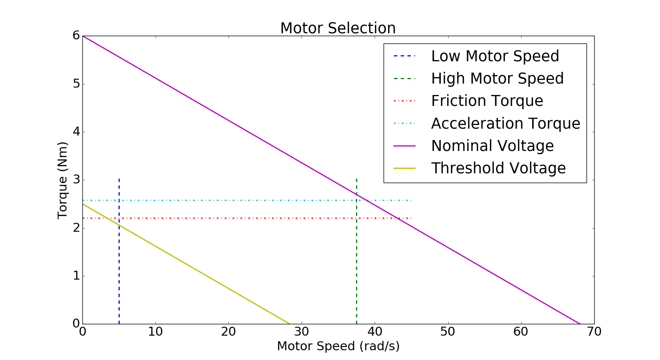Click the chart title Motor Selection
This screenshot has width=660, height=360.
338,28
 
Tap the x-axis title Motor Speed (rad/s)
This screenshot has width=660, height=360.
338,346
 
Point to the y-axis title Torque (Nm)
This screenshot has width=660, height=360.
63,180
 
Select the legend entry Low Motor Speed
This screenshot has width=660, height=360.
495,56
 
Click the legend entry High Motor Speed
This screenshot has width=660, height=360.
497,78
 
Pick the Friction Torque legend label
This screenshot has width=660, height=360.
487,101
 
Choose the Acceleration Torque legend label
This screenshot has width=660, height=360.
505,123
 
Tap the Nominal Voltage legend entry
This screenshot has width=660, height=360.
492,146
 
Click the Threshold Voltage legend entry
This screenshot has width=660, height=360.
498,168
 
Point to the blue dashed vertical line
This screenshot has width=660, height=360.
119,264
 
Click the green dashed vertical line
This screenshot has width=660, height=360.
356,264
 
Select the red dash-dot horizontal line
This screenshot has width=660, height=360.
244,218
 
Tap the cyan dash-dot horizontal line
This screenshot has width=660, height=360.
244,200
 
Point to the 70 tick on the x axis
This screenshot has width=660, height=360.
594,332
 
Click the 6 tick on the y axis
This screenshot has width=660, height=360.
76,36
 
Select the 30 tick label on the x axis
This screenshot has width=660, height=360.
302,332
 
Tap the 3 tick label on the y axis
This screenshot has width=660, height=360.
76,180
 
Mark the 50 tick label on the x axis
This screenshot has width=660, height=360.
448,332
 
